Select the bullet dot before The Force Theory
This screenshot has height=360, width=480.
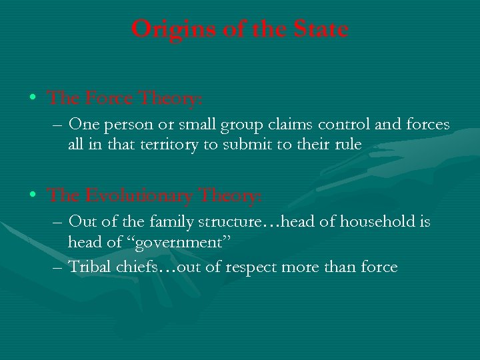pos(33,99)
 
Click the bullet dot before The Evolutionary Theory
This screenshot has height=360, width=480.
pos(33,196)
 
